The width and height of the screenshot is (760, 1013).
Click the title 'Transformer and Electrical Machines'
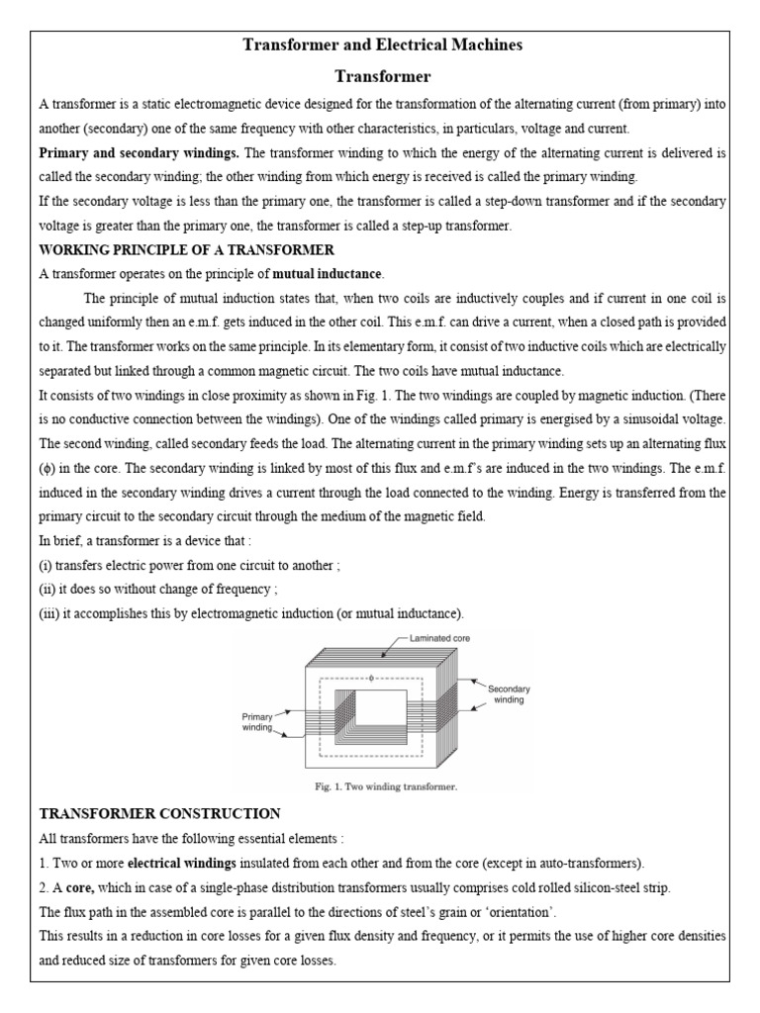click(380, 45)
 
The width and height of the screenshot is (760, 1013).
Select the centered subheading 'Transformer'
click(380, 76)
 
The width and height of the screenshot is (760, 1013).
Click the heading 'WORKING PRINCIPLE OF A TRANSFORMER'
click(186, 249)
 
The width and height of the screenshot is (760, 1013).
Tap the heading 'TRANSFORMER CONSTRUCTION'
click(159, 813)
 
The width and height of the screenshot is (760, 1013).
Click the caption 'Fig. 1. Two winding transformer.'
click(380, 787)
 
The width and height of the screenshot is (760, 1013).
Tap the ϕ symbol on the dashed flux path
click(371, 679)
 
